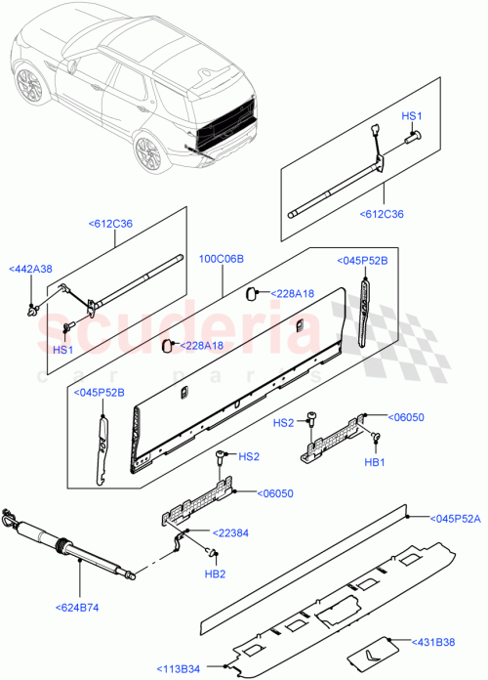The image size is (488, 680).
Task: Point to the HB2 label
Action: coord(217,573)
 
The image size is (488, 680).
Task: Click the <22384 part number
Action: coord(206,532)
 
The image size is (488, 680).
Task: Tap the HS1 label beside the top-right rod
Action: coord(411,116)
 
